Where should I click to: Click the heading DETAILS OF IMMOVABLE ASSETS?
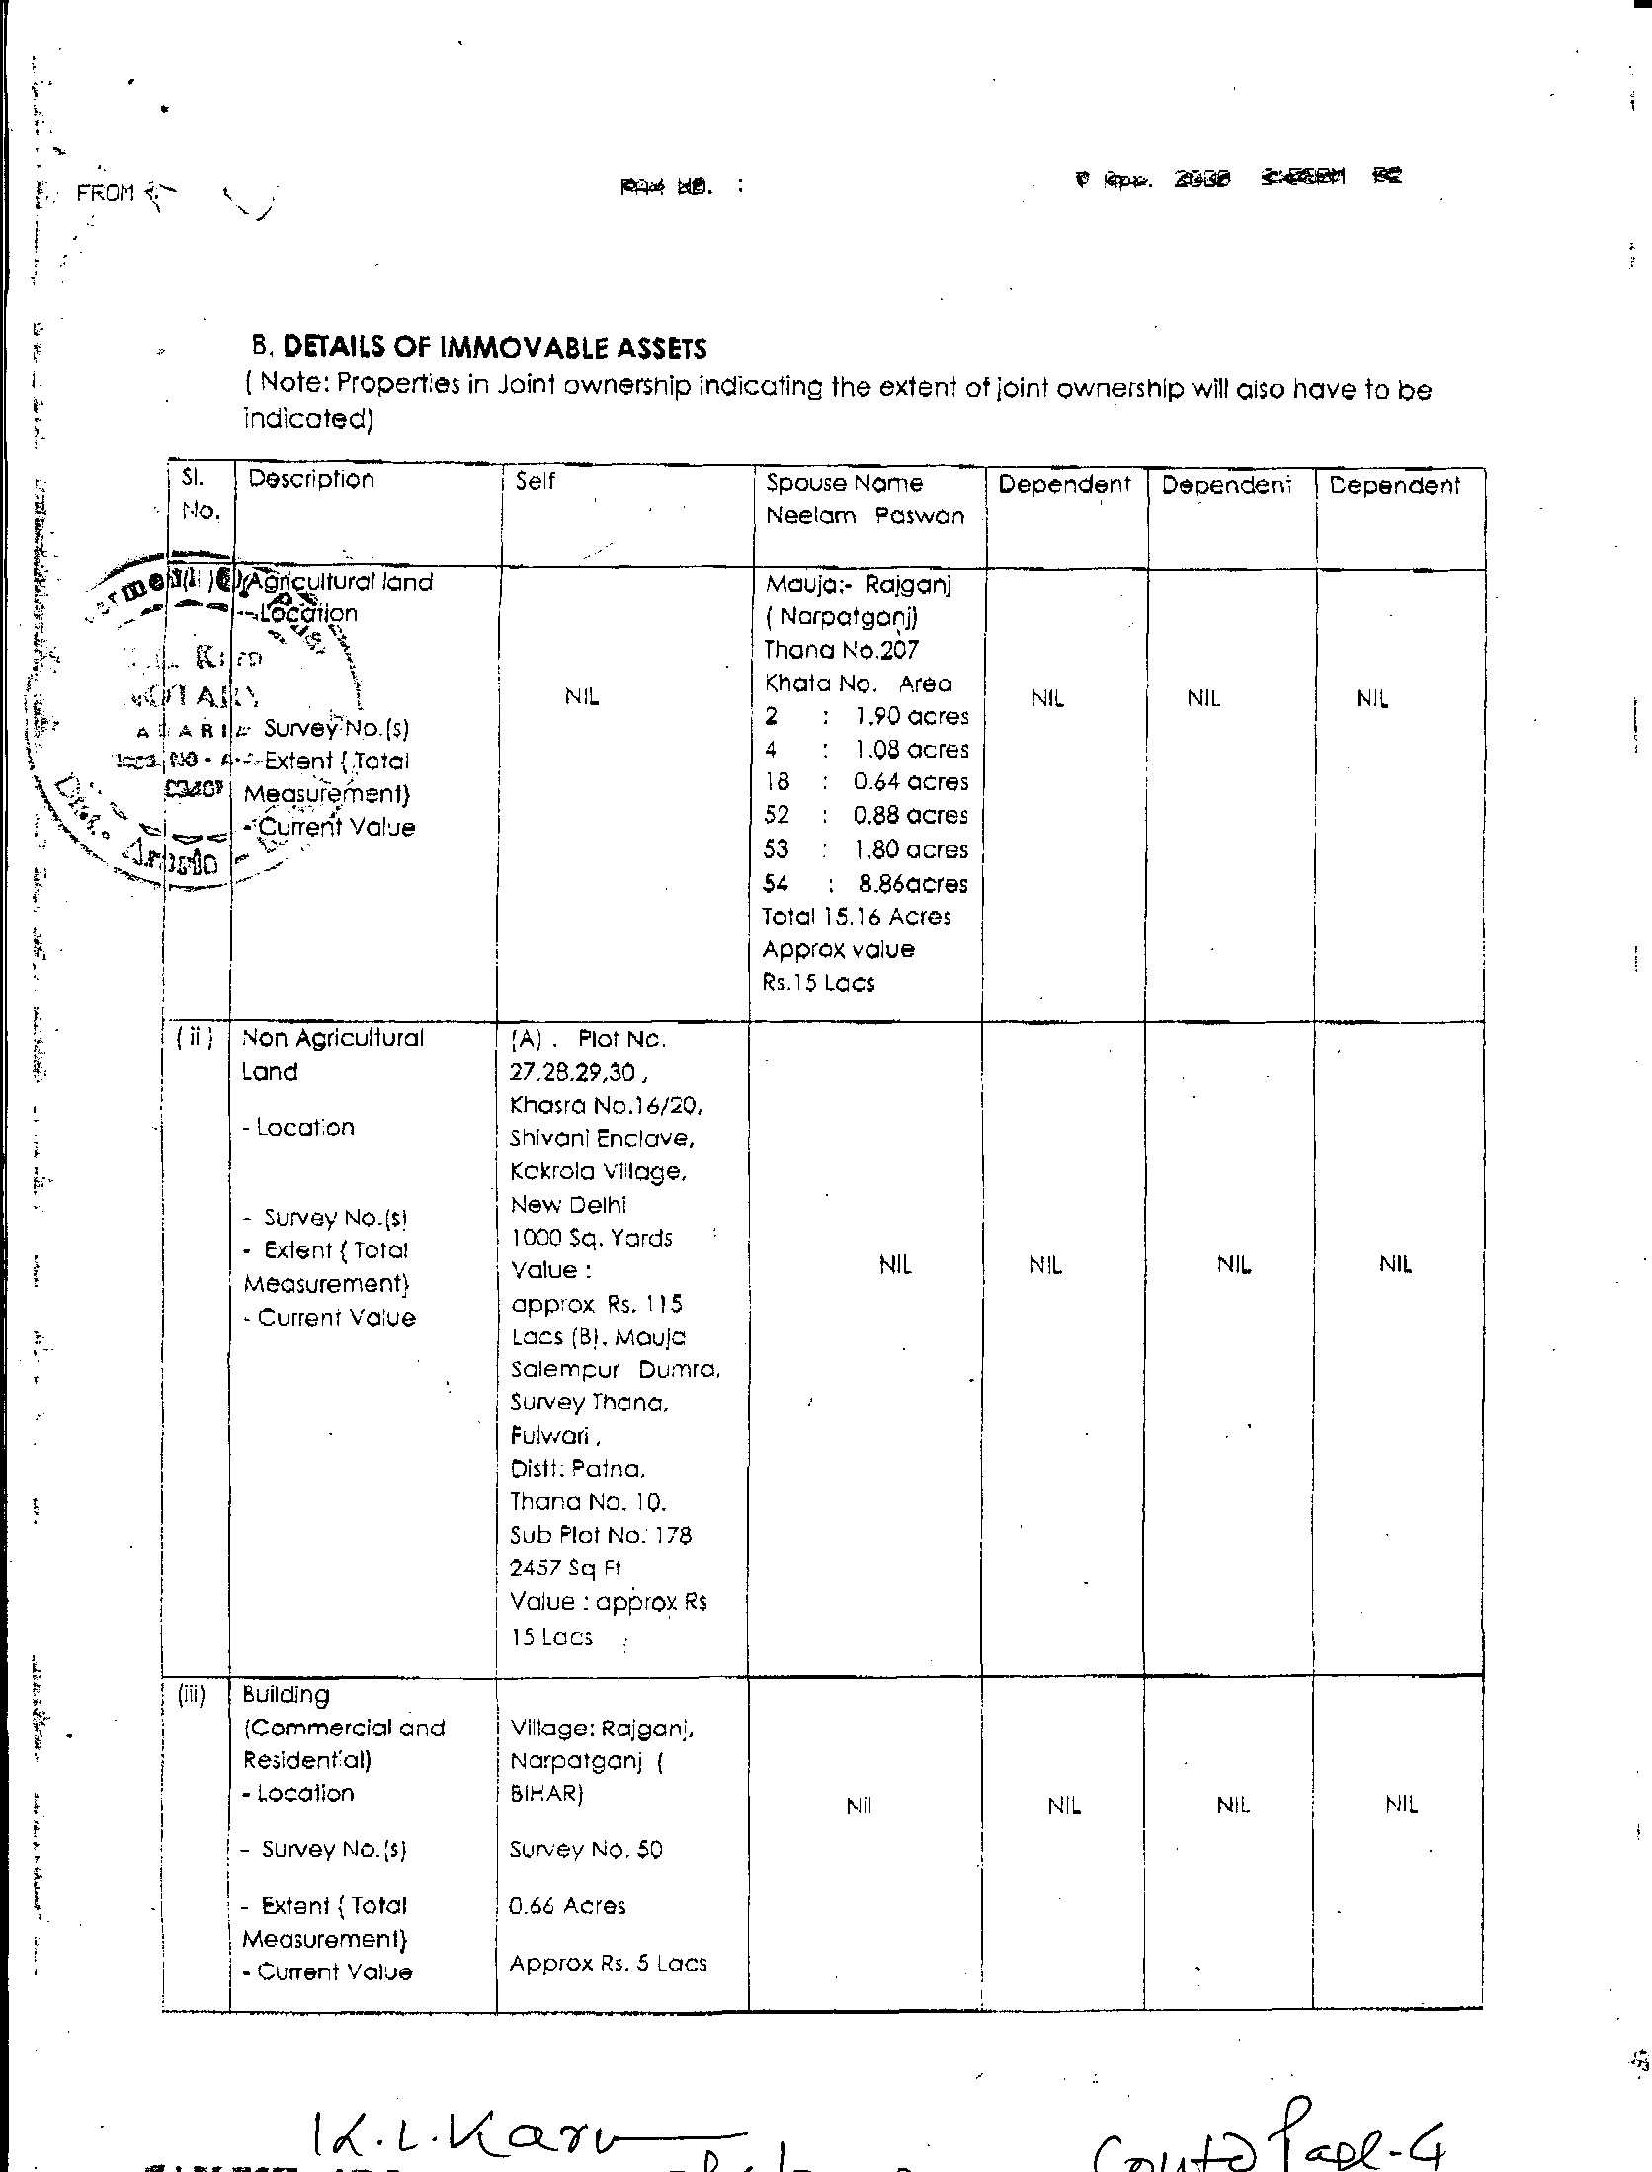(495, 348)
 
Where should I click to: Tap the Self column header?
(535, 481)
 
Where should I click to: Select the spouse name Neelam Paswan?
(865, 516)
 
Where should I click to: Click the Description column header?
(311, 479)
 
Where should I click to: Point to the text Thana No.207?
(841, 650)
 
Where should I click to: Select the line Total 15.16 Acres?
(856, 917)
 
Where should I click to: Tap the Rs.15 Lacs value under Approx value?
(818, 983)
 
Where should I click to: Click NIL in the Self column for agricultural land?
(582, 697)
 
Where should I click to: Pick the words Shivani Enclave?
(602, 1138)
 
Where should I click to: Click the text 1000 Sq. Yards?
(591, 1238)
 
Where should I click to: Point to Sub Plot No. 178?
(601, 1535)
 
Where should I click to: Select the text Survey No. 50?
(586, 1849)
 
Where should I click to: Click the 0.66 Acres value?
(567, 1905)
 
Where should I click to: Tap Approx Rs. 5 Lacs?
(608, 1963)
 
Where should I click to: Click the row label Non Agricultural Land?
(332, 1054)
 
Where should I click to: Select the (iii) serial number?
(191, 1695)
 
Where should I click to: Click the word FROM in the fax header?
(105, 193)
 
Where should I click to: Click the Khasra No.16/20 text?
(606, 1105)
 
